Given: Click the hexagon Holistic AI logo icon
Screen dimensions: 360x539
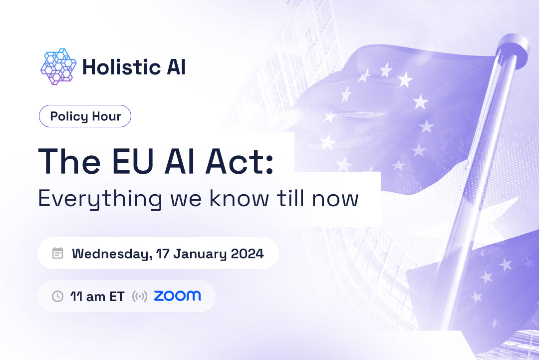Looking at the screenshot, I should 58,66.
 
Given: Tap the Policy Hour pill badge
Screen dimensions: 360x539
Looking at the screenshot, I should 85,116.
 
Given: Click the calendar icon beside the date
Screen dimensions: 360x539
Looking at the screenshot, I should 58,253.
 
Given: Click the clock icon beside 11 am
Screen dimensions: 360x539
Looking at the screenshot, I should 58,296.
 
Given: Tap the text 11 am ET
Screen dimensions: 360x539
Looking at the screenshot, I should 97,296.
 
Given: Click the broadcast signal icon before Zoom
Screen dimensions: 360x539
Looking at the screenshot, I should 139,296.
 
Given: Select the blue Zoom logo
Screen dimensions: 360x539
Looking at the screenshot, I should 177,296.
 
